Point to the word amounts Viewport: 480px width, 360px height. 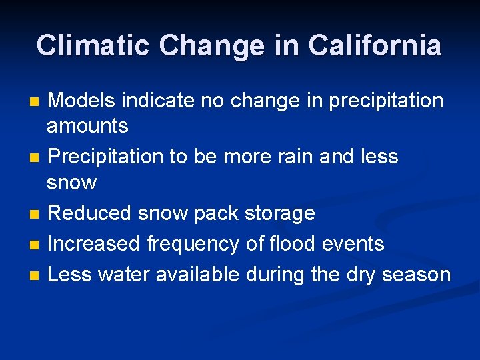[x=87, y=125]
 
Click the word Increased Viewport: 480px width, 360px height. [x=94, y=244]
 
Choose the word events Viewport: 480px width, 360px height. [x=354, y=244]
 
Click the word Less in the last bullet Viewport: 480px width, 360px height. [x=70, y=274]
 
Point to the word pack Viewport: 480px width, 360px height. [x=217, y=213]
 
